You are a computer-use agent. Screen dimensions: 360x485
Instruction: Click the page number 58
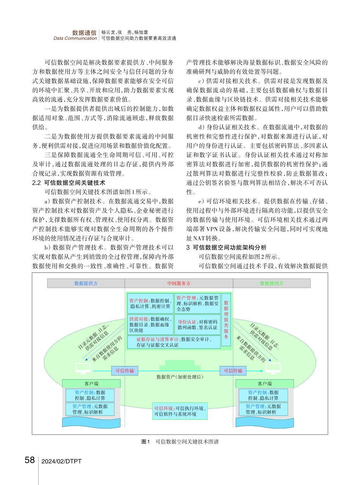click(30, 460)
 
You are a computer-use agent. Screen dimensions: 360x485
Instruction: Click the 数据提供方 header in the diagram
click(86, 283)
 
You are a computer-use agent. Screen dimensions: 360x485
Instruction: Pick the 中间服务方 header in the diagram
click(179, 283)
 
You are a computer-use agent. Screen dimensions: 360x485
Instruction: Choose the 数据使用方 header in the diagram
click(272, 283)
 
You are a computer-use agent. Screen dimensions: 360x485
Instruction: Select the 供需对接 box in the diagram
click(150, 324)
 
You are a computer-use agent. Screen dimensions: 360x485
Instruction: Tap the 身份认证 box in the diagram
click(197, 324)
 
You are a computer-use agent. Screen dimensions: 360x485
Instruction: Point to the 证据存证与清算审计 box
click(174, 342)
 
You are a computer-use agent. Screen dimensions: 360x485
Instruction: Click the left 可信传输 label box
click(125, 371)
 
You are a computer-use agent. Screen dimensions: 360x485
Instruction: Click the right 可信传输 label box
click(233, 371)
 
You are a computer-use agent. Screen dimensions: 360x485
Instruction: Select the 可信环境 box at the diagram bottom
click(180, 411)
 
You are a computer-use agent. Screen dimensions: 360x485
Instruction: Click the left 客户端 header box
click(91, 383)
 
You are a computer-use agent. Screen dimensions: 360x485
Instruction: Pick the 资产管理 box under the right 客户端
click(263, 409)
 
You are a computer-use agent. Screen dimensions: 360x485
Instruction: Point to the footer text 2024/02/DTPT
click(61, 461)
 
